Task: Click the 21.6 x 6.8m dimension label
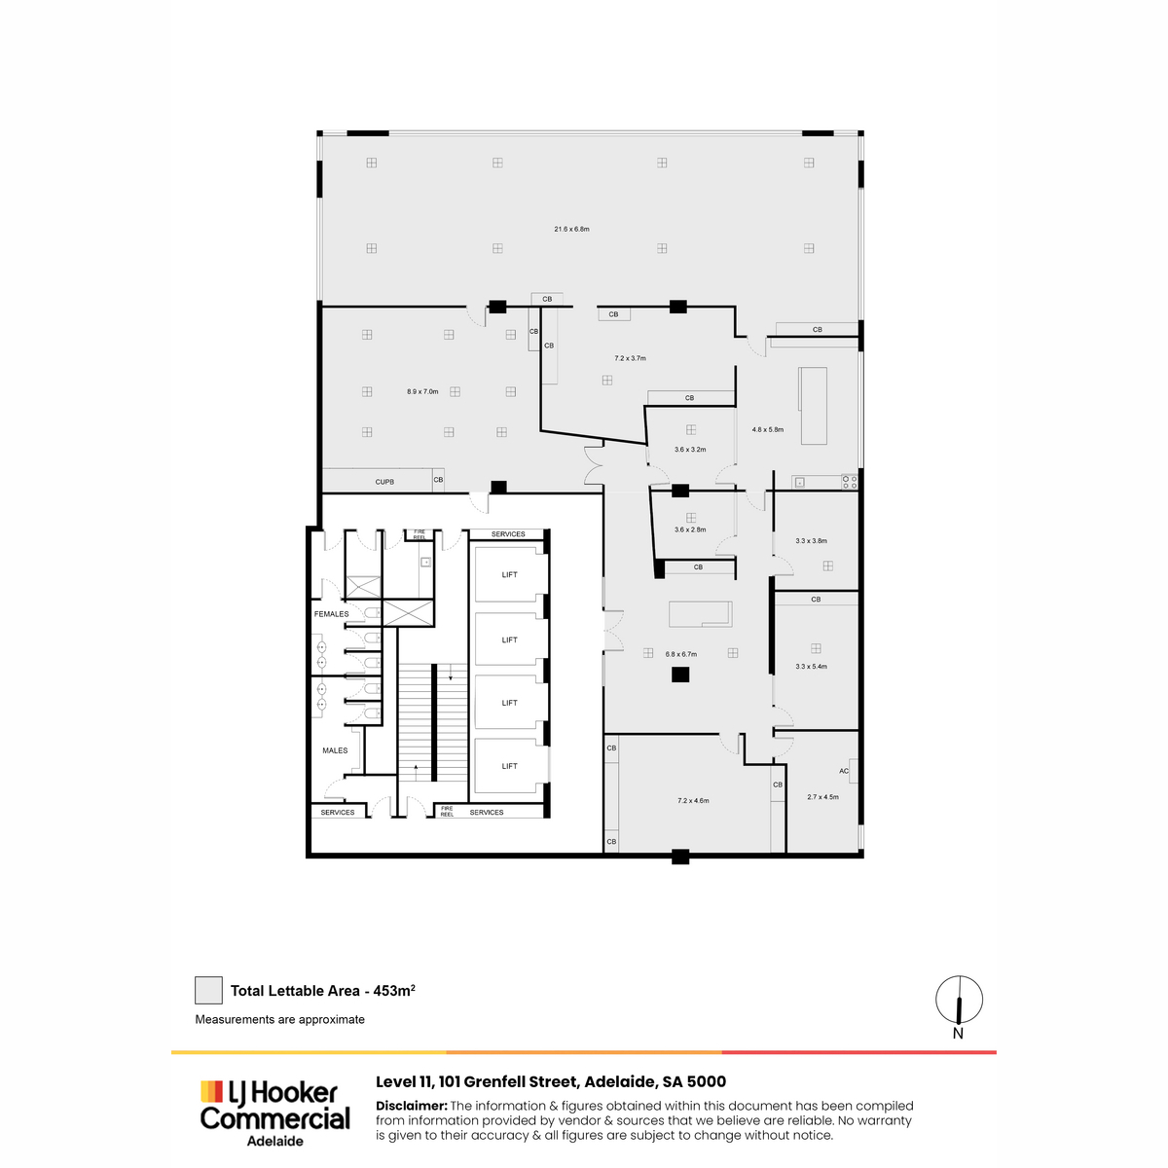pos(571,229)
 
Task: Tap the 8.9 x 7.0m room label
pos(421,391)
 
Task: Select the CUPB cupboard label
pos(384,482)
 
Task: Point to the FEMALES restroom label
pos(331,614)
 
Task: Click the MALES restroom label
pos(335,750)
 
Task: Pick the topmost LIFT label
pos(509,574)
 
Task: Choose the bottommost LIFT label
pos(509,766)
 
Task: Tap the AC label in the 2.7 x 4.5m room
pos(843,771)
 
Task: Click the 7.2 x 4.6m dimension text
pos(693,801)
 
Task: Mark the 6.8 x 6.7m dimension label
pos(680,654)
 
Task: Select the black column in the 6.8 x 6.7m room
pos(680,674)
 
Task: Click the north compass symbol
pos(959,1000)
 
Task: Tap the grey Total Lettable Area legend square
pos(208,991)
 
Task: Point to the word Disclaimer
pos(412,1106)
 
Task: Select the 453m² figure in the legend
pos(394,991)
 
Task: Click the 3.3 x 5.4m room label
pos(811,666)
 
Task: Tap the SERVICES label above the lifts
pos(508,534)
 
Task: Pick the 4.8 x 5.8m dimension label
pos(767,430)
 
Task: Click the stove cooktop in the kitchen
pos(849,482)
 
